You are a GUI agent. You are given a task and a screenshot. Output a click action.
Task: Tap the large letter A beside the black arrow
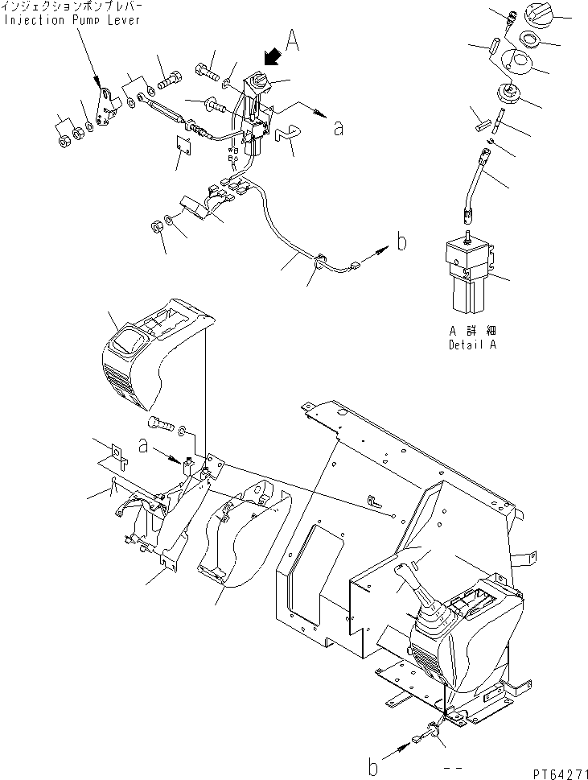[292, 41]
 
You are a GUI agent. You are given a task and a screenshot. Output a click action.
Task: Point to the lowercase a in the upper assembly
[339, 127]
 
